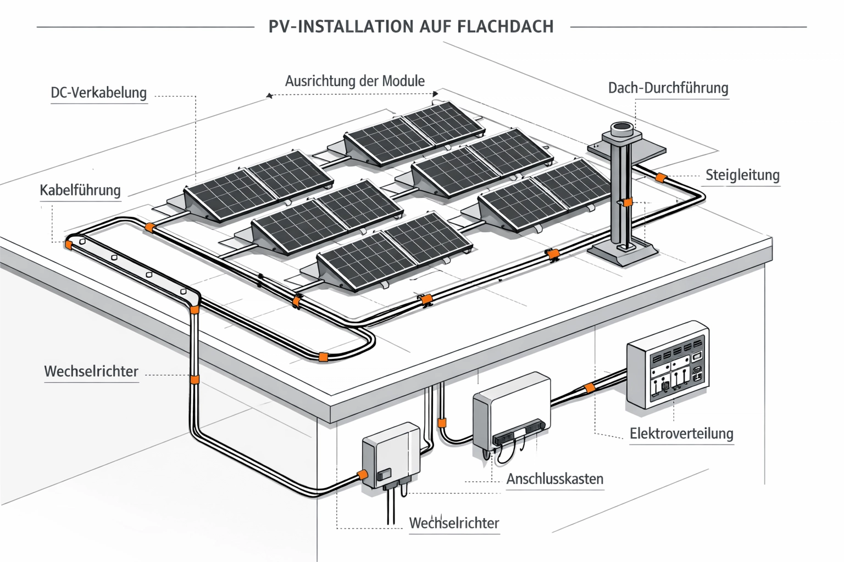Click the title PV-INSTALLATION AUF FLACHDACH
tap(411, 27)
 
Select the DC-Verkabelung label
tap(99, 93)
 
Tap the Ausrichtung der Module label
tap(354, 81)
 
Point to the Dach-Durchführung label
tap(668, 88)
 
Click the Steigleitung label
tap(742, 175)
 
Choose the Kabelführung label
tap(80, 190)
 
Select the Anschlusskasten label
tap(554, 479)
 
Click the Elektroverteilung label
tap(681, 434)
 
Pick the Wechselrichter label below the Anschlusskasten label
tap(454, 523)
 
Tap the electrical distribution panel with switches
tap(668, 365)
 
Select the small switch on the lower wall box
tap(385, 474)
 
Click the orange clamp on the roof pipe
tap(628, 203)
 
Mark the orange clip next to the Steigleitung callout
tap(661, 177)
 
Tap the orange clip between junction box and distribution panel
tap(590, 387)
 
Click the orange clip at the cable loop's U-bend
tap(324, 357)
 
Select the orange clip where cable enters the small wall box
tap(363, 474)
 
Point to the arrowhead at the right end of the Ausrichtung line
tap(435, 94)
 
